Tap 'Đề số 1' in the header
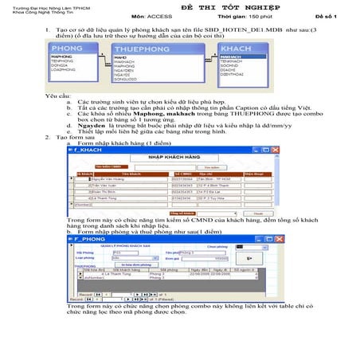click(325, 16)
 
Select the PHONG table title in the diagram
click(66, 49)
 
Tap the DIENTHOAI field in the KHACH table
click(232, 73)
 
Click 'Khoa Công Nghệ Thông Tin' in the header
click(33, 16)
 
